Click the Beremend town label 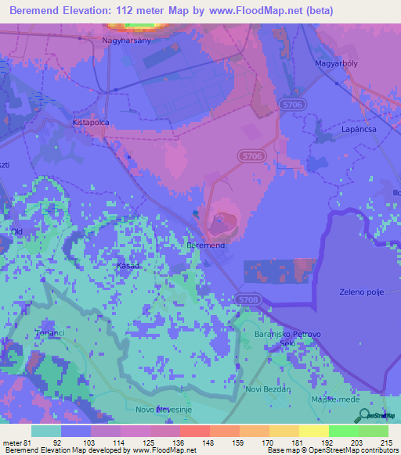click(207, 245)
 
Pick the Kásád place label click(128, 266)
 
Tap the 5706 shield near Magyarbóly click(290, 104)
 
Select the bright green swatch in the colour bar click(343, 431)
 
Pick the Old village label click(16, 232)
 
